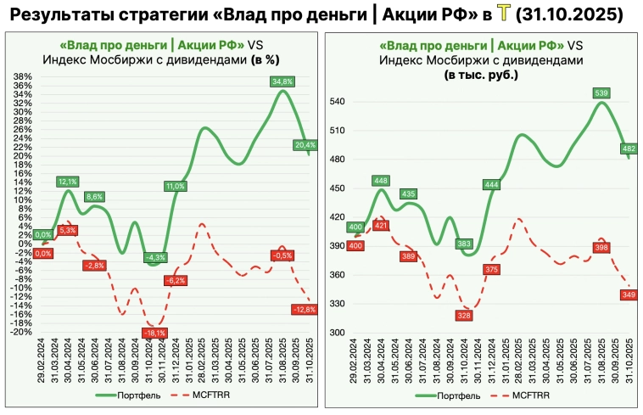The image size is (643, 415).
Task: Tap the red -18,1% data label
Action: (x=154, y=333)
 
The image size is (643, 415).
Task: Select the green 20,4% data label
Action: (x=305, y=145)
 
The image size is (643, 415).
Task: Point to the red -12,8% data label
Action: (x=305, y=310)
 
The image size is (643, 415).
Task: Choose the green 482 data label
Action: (x=629, y=149)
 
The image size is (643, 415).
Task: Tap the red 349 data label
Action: (x=629, y=294)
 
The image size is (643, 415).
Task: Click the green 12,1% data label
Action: (x=68, y=182)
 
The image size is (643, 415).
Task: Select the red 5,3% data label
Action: (x=68, y=230)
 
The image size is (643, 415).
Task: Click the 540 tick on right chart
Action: (x=338, y=102)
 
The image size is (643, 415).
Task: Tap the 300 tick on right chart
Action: (x=338, y=333)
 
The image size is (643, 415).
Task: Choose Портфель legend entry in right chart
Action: (x=461, y=395)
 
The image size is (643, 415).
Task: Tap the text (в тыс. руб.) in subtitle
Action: (x=480, y=75)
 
